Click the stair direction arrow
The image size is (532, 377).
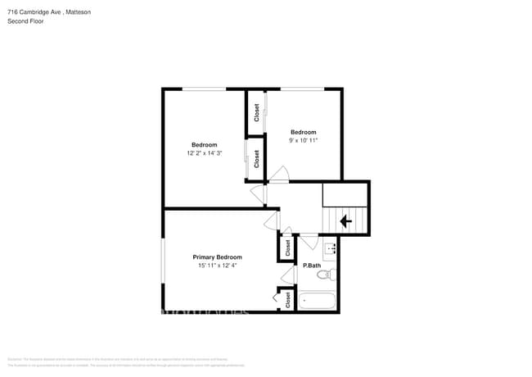(x=345, y=220)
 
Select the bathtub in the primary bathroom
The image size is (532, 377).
(x=318, y=301)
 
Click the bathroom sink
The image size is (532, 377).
(x=331, y=248)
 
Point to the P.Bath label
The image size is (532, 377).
(x=311, y=266)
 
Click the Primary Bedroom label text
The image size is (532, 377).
(x=217, y=257)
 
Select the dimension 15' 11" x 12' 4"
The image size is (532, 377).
(x=217, y=266)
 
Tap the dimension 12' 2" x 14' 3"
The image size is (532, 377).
(x=205, y=152)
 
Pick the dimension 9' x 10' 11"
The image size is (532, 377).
(x=303, y=140)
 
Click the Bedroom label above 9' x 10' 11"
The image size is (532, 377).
(x=303, y=132)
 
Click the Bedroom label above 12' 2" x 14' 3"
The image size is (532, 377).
(x=205, y=144)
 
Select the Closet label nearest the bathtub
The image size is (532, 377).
(x=288, y=300)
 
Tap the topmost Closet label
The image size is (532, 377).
(x=256, y=112)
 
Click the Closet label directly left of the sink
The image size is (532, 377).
(x=288, y=247)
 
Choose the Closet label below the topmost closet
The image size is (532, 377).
(x=256, y=159)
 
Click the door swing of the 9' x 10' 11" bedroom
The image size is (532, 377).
(x=279, y=174)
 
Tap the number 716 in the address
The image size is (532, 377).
(x=12, y=11)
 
